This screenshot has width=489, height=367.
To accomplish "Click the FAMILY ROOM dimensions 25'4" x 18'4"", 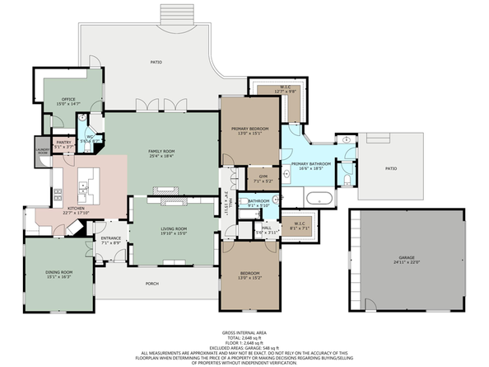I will tap(161, 156).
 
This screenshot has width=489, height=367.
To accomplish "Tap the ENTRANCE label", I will tap(111, 238).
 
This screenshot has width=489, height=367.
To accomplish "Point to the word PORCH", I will tap(151, 285).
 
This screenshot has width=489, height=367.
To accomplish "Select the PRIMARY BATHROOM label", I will tap(310, 163).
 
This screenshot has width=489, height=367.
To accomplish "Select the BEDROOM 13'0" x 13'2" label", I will tap(249, 273).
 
